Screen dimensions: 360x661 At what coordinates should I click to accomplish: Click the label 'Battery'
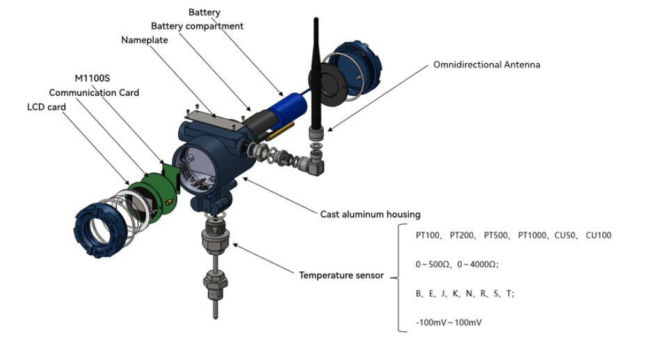[x=204, y=12]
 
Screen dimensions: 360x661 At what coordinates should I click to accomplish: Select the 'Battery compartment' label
[x=197, y=26]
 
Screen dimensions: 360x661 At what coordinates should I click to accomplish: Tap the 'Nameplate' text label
[x=144, y=40]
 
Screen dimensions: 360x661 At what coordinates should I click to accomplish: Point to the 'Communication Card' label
[x=94, y=93]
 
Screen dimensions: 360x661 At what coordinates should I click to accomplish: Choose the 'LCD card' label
[x=46, y=107]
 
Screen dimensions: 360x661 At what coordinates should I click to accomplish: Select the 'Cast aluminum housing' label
[x=370, y=214]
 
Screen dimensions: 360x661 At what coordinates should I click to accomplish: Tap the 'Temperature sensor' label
[x=341, y=275]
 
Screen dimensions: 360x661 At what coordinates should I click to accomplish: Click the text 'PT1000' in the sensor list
[x=532, y=236]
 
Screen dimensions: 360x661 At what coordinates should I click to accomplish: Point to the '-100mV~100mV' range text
[x=448, y=323]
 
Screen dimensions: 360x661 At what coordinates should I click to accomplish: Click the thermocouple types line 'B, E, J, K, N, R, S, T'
[x=464, y=294]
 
